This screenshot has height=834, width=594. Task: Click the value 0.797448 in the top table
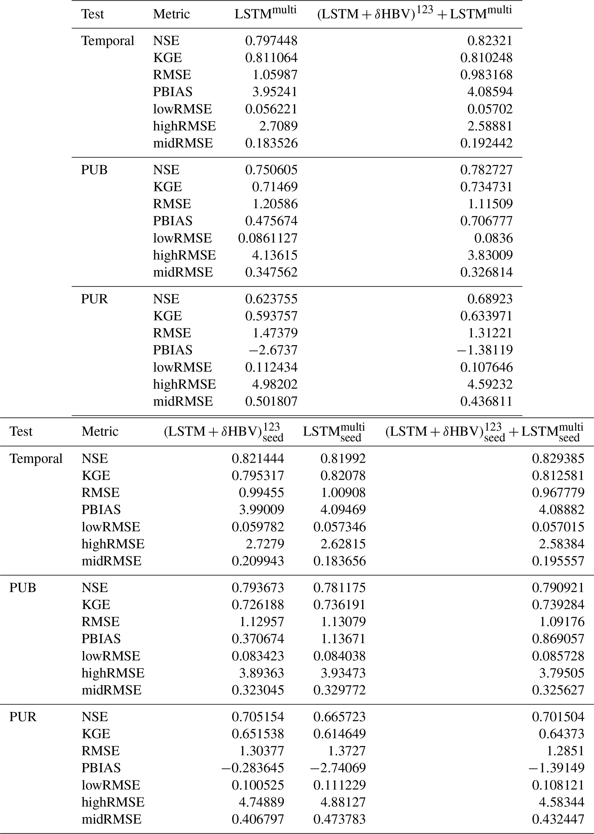(x=271, y=41)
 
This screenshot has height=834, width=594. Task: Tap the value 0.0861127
(x=268, y=238)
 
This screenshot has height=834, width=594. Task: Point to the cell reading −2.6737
(x=273, y=350)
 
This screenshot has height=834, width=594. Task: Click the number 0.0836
(x=493, y=238)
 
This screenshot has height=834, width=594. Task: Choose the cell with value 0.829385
(x=558, y=459)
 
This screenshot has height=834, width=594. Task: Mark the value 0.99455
(x=261, y=492)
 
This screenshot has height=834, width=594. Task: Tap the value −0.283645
(x=252, y=768)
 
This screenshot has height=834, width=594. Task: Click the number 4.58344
(x=562, y=802)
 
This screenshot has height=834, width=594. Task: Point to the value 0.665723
(x=339, y=716)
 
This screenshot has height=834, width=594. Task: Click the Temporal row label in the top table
(x=107, y=41)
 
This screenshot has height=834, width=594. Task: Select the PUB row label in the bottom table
(x=23, y=588)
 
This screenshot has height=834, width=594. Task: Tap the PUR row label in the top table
(x=94, y=299)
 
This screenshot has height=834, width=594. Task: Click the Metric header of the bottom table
(x=100, y=432)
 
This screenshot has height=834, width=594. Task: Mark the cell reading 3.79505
(x=562, y=673)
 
